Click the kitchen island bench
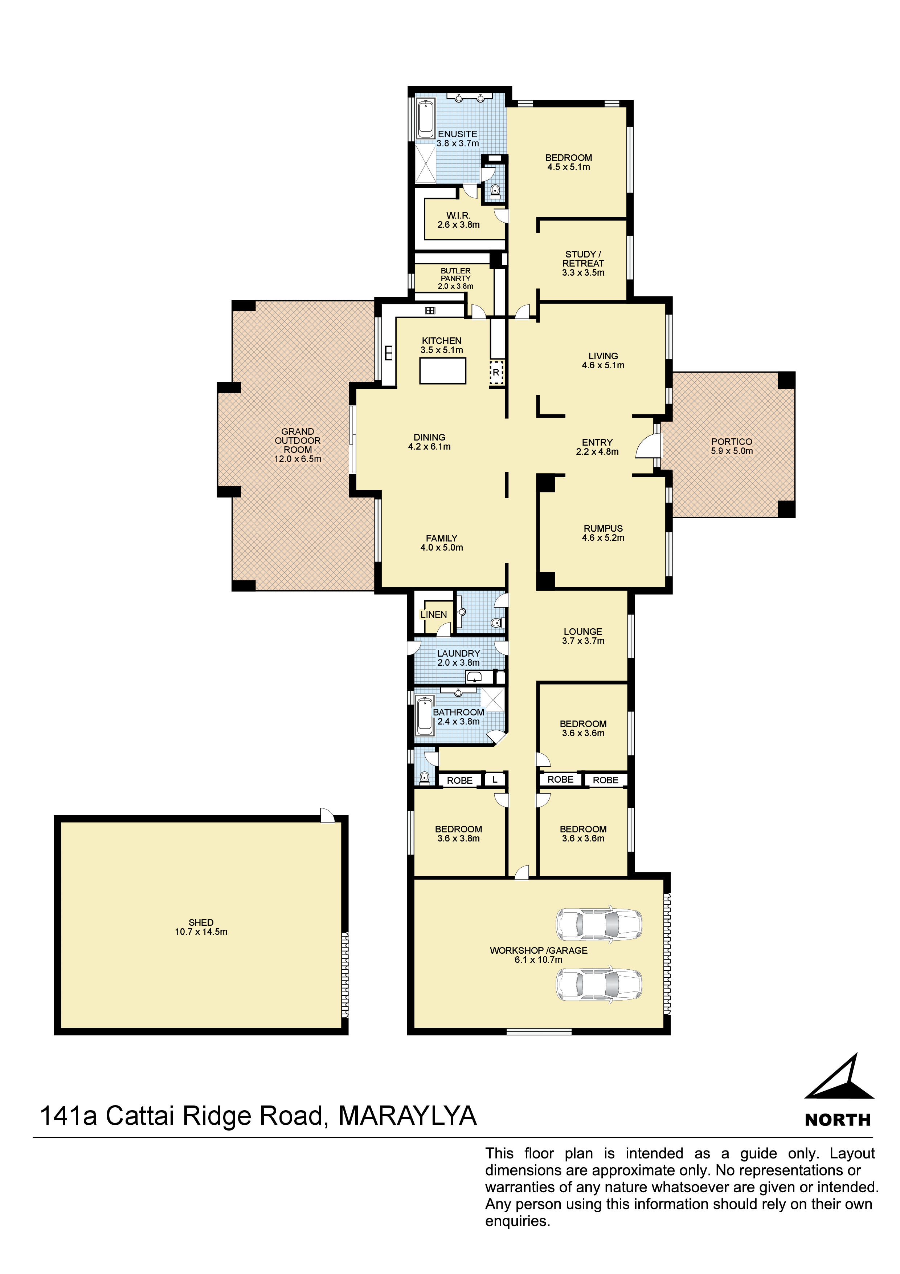click(442, 371)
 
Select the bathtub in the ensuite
click(426, 119)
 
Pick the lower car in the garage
click(599, 985)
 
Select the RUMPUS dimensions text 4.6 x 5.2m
click(604, 538)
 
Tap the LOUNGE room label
click(583, 632)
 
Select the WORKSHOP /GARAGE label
click(539, 950)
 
